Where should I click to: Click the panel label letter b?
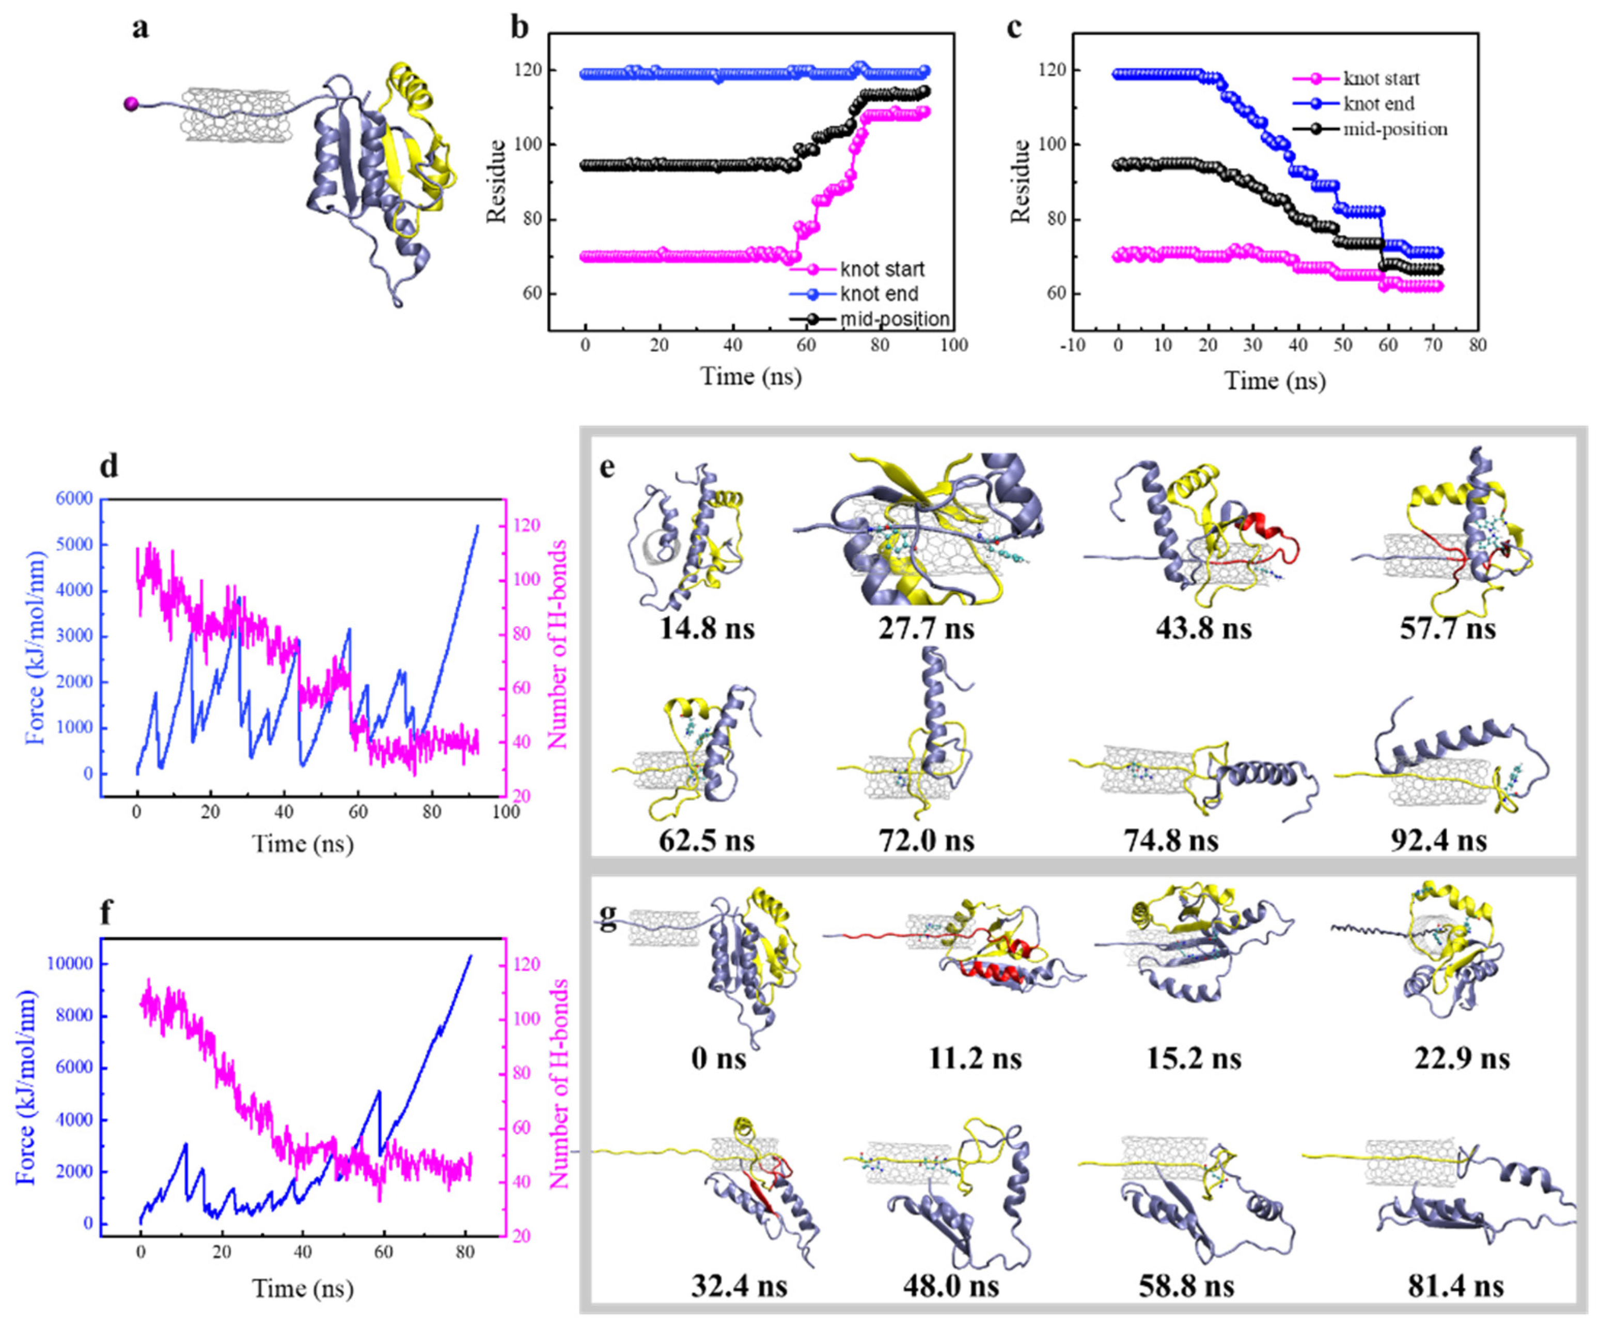(x=520, y=28)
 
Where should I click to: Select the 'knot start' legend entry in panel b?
(x=882, y=269)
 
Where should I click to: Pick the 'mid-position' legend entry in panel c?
(x=1394, y=129)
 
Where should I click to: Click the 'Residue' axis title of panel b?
(x=496, y=181)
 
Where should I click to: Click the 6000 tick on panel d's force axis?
(x=71, y=499)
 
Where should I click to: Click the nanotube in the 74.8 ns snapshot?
(x=1147, y=769)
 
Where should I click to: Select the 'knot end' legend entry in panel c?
(x=1379, y=104)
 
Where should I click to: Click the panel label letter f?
(x=107, y=912)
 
